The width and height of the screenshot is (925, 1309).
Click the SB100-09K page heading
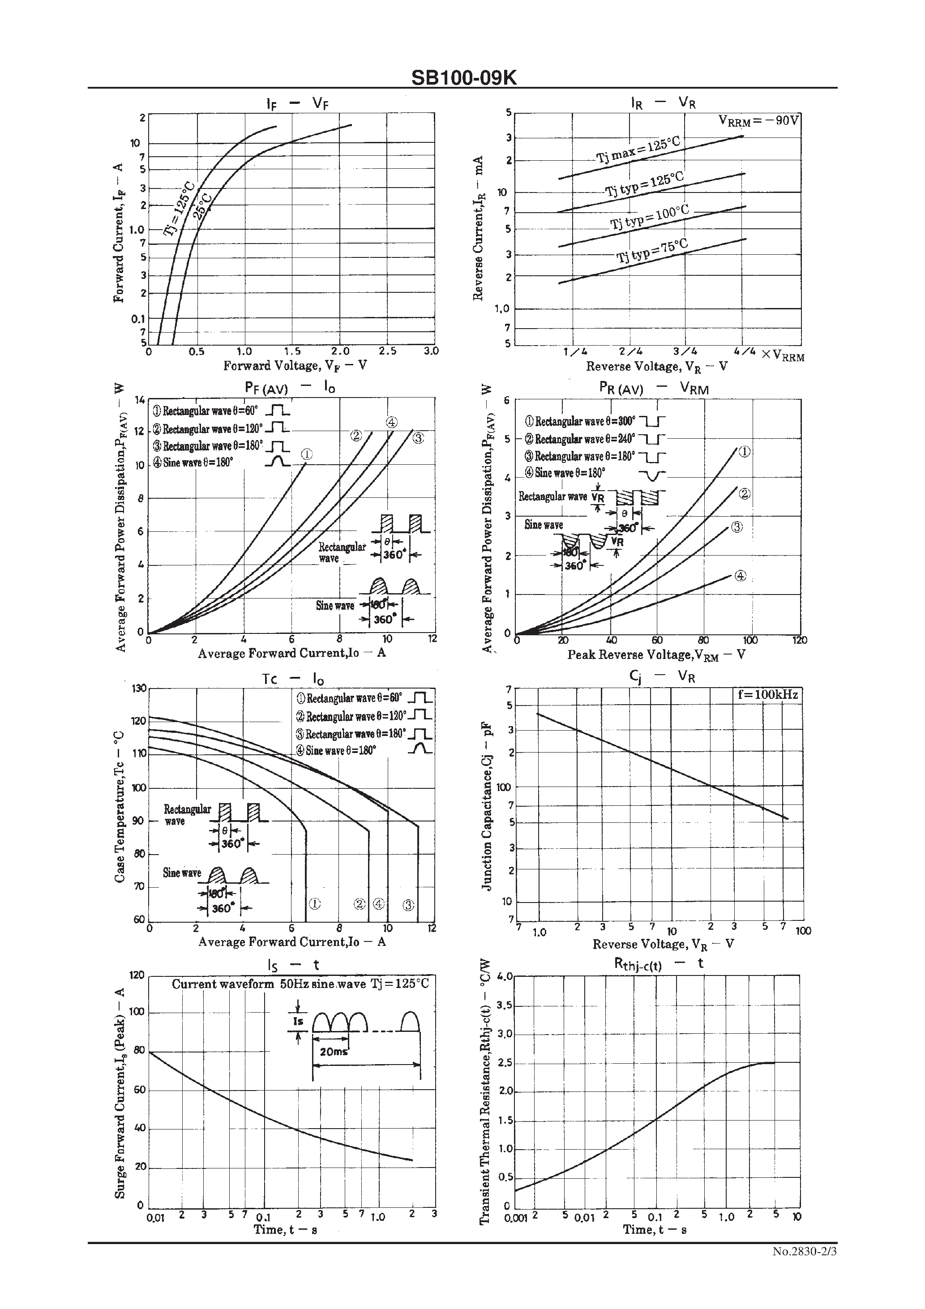click(x=464, y=77)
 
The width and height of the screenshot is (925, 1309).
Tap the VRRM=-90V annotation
click(x=758, y=121)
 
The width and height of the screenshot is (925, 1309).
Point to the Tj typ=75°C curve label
click(x=652, y=251)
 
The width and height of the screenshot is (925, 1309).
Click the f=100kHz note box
click(x=767, y=694)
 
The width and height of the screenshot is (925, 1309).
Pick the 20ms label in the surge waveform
click(x=334, y=1051)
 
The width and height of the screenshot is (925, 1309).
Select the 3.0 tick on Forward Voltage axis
click(x=431, y=351)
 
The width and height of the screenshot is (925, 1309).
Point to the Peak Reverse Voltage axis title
click(x=656, y=655)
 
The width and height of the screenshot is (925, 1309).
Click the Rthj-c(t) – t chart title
click(x=659, y=963)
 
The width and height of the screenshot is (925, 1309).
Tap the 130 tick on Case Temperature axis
click(x=139, y=688)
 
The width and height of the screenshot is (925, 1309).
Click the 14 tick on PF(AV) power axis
click(x=140, y=400)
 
